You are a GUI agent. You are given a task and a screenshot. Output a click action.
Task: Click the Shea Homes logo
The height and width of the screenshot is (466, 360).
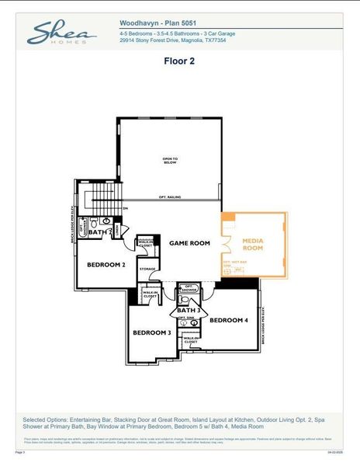click(61, 32)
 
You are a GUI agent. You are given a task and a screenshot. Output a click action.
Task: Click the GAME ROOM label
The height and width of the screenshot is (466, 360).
click(190, 243)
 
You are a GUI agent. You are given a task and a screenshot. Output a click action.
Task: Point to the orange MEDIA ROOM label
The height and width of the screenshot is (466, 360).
click(254, 245)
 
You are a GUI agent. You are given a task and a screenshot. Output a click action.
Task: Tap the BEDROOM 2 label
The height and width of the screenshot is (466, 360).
click(106, 265)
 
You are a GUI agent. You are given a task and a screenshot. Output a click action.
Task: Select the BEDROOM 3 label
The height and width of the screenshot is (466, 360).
click(151, 332)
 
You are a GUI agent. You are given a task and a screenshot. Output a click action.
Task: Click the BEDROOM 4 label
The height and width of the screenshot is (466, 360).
click(229, 320)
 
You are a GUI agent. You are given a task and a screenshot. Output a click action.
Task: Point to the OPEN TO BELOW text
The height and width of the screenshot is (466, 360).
click(170, 161)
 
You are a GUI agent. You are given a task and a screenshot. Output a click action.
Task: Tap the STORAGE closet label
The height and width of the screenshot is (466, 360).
click(147, 269)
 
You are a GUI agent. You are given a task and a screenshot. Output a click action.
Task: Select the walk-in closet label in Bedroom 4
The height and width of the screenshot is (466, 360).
click(190, 340)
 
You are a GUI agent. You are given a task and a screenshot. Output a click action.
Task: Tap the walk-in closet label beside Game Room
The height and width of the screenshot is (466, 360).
click(145, 243)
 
